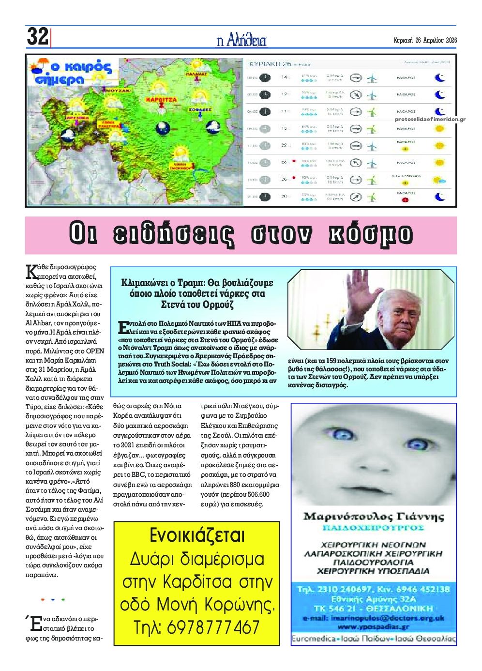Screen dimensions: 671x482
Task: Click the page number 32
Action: pos(37,37)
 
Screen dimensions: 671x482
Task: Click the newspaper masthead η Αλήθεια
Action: pos(241,40)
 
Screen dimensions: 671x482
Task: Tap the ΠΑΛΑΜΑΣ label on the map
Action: pos(196,74)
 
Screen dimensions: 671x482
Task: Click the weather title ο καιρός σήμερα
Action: pos(73,73)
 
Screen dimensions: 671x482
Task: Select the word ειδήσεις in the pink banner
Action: pos(174,235)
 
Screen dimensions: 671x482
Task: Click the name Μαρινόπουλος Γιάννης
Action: pos(373,517)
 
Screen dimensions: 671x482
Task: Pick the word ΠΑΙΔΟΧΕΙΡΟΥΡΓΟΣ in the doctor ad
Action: pos(373,527)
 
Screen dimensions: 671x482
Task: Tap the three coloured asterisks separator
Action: pos(53,600)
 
